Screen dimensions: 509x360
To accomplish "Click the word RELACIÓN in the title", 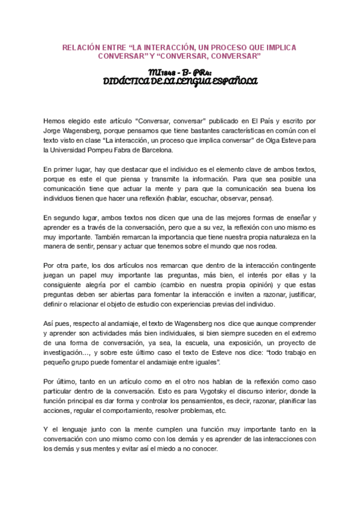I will (x=82, y=47).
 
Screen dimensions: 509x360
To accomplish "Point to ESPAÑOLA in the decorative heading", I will (x=235, y=81).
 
